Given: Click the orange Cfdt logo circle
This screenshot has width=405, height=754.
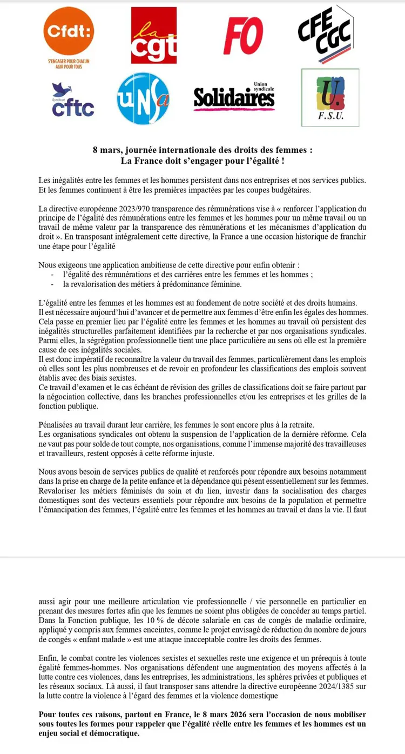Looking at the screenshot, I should pyautogui.click(x=68, y=33).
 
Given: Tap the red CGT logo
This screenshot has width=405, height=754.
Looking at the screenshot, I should pyautogui.click(x=153, y=35).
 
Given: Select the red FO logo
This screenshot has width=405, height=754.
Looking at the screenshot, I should pyautogui.click(x=243, y=36).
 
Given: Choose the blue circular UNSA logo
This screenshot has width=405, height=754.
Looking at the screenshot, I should pyautogui.click(x=143, y=98).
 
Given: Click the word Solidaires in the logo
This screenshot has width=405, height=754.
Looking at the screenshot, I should pyautogui.click(x=234, y=98).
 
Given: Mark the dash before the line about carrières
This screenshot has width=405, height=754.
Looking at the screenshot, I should pyautogui.click(x=52, y=275).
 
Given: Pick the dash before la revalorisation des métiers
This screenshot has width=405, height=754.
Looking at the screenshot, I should pyautogui.click(x=52, y=284).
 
